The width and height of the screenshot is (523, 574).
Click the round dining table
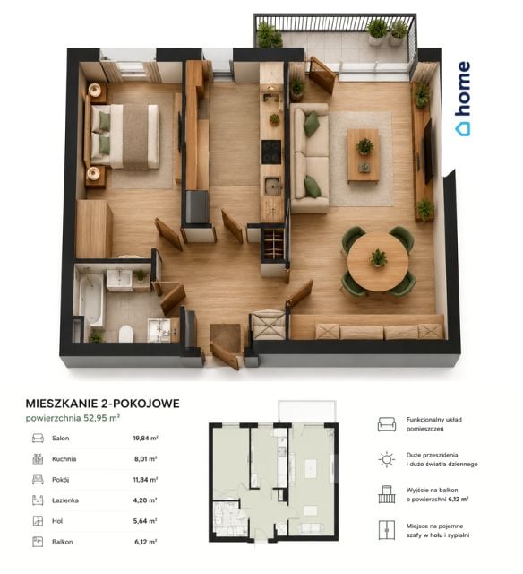coord(378,261)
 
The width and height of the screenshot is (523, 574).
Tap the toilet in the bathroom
coord(126,333)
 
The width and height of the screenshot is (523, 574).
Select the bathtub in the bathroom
coord(91,300)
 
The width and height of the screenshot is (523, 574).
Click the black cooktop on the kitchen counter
coord(271,152)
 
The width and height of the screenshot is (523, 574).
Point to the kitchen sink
coord(272,185)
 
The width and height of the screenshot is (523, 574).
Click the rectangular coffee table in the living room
coord(363,155)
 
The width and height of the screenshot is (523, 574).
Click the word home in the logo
coord(463,89)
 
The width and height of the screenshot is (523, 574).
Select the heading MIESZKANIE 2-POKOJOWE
coord(102,404)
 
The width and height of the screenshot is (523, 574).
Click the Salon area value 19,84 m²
coord(145,438)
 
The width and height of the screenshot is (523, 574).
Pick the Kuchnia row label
coord(64,458)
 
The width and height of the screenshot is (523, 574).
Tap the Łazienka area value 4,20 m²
coord(145,500)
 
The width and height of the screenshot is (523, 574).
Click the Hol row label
coord(57,521)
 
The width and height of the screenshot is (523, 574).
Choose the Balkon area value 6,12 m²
coord(146,542)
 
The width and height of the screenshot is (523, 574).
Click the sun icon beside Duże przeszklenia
coord(387,459)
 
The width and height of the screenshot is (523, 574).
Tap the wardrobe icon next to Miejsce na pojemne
coord(387,530)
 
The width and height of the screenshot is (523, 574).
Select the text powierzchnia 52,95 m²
coord(73,418)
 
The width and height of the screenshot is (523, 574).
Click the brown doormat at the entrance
coord(226,338)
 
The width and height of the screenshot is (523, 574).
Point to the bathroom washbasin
coord(119,281)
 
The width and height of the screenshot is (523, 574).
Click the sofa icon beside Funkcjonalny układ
coord(387,424)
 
